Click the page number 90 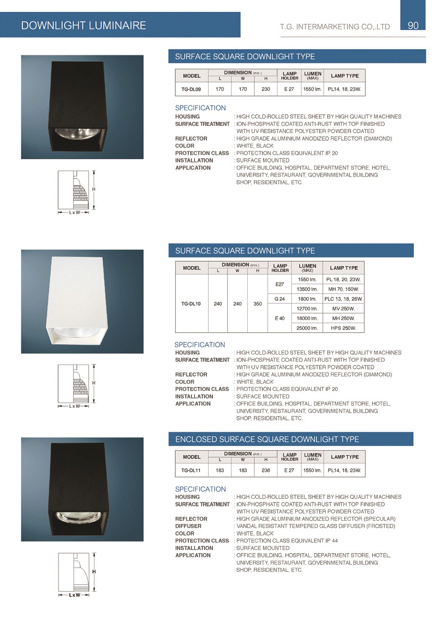pos(413,26)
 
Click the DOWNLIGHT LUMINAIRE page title pos(84,26)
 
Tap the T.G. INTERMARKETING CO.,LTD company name pos(335,27)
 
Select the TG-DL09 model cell pos(191,89)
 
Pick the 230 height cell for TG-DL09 pos(266,89)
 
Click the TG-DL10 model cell pos(191,304)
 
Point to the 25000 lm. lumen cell pos(307,328)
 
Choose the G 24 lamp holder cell pos(280,299)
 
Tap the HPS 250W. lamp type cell pos(343,328)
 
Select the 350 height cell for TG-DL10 pos(258,304)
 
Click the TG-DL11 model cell pos(191,470)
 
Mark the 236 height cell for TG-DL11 pos(266,470)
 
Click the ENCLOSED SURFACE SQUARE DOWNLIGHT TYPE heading pos(267,439)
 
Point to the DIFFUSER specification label pos(188,526)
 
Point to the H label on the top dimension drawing pos(94,189)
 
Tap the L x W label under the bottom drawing pos(74,595)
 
